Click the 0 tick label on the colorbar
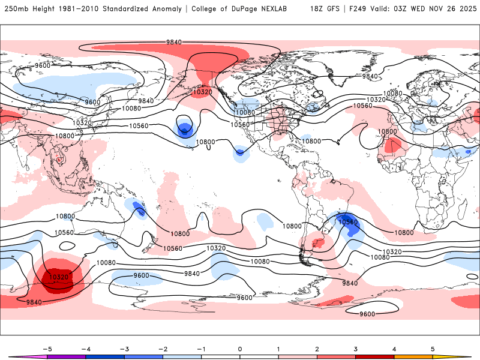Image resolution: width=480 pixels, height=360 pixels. coord(240,349)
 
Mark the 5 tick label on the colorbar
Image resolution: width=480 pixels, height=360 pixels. coord(433,349)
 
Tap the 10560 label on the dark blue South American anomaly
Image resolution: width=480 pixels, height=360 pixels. coord(348,222)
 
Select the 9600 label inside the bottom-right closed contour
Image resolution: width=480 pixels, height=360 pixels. coord(367,314)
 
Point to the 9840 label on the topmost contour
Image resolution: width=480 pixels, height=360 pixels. coord(174,42)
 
